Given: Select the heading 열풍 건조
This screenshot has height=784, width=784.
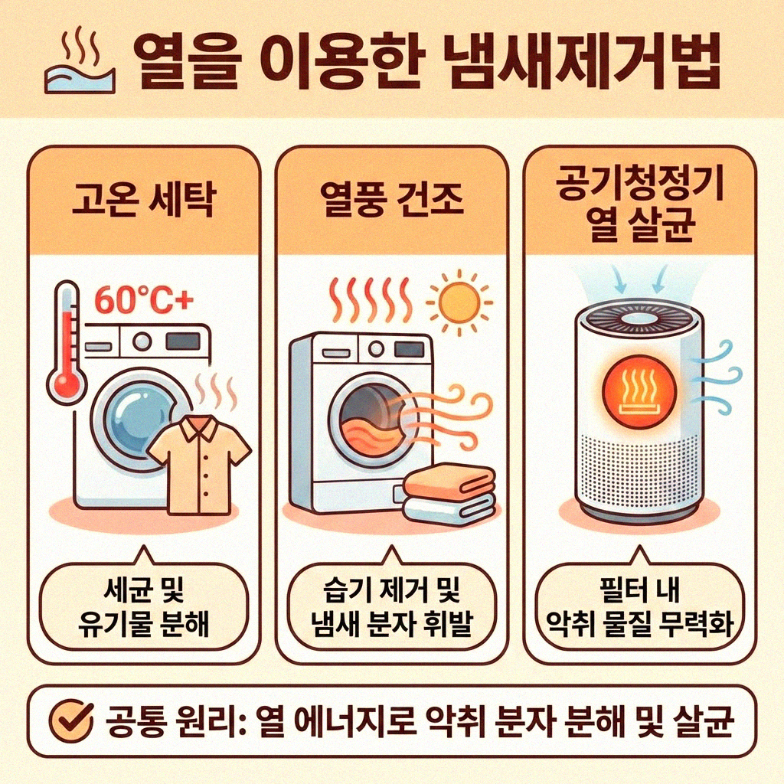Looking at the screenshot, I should [390, 200].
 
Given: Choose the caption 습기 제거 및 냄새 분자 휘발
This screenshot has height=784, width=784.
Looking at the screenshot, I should [390, 609].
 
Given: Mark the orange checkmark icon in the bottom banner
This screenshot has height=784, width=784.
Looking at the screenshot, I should [73, 720].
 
